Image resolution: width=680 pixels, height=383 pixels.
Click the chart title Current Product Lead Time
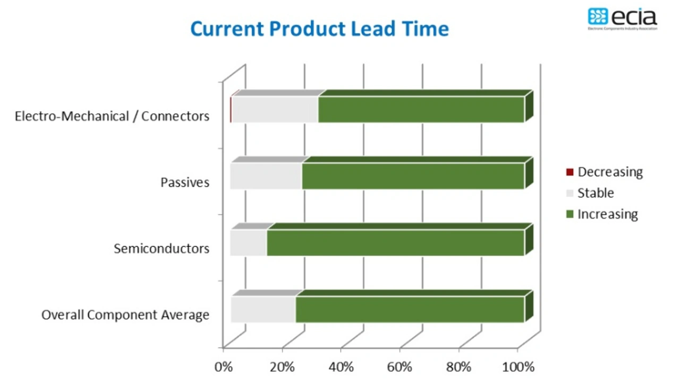(319, 29)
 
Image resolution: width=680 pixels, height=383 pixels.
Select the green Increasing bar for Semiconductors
(395, 243)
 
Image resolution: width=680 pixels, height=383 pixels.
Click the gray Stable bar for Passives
(266, 176)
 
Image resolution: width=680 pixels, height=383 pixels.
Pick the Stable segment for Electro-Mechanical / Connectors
(275, 110)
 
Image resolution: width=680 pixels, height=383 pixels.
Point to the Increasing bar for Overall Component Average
(410, 309)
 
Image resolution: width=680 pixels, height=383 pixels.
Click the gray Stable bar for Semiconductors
(248, 243)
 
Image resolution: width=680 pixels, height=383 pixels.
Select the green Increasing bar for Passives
(413, 176)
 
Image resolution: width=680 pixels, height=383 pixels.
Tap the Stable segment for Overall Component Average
(263, 309)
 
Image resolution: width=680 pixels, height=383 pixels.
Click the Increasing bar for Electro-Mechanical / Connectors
(421, 110)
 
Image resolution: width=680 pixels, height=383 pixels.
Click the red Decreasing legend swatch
(570, 172)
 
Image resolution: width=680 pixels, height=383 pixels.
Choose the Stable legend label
(596, 193)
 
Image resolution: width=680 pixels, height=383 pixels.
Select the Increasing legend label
(608, 214)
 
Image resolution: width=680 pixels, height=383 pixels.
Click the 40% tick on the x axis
(341, 367)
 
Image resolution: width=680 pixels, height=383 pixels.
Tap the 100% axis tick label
(517, 367)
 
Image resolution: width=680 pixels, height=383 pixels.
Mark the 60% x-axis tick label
(399, 367)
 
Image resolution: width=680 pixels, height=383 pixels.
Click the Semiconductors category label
(161, 248)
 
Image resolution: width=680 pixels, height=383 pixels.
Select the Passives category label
(185, 182)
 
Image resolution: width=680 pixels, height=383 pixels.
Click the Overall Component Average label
(125, 315)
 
